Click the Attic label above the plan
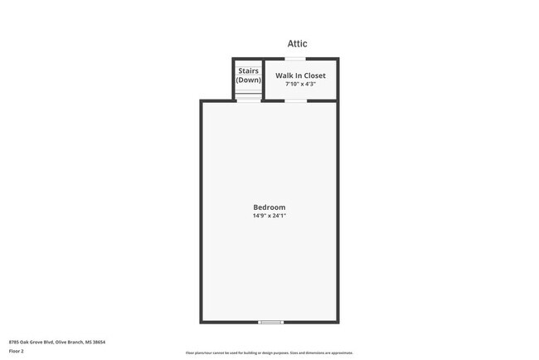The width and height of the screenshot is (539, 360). [298, 44]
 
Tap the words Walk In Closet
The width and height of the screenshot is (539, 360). [300, 75]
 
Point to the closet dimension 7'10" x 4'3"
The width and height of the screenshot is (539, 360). [300, 84]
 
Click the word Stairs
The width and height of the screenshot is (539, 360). [248, 71]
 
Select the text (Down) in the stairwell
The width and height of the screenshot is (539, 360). [248, 80]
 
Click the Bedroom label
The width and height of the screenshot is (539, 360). [269, 207]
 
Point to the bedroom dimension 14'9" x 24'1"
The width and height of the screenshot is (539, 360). [269, 216]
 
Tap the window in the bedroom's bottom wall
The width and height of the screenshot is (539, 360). [270, 322]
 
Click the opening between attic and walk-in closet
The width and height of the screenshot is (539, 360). [295, 59]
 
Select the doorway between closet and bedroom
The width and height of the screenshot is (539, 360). [295, 100]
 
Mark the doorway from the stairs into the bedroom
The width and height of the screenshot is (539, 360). [247, 100]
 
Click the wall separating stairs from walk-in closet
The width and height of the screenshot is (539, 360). [263, 79]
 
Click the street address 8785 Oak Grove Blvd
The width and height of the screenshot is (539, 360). [34, 342]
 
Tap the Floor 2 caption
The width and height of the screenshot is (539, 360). [17, 352]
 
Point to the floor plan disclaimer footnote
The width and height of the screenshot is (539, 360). [269, 353]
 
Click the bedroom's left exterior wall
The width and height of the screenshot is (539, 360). [201, 212]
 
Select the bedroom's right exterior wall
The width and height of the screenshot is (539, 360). [337, 212]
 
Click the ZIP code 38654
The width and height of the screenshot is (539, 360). [100, 342]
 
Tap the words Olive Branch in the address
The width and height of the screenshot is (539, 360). [72, 342]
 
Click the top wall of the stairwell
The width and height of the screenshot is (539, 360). [247, 59]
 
